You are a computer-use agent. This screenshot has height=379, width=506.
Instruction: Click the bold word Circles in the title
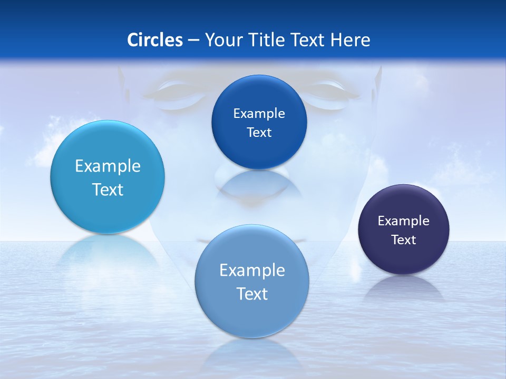click(155, 40)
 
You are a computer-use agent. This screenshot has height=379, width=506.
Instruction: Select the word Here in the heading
click(351, 40)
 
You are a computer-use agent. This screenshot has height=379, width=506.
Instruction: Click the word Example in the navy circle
click(404, 221)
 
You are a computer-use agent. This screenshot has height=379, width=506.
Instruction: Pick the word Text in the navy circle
click(404, 240)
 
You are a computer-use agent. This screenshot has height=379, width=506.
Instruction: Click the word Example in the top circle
click(259, 114)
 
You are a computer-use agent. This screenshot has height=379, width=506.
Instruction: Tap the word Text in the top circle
click(259, 133)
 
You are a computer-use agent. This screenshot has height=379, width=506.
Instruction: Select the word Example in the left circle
click(108, 166)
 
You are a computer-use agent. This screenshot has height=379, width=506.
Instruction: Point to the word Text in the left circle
click(108, 189)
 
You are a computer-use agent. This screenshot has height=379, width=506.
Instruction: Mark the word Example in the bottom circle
click(252, 271)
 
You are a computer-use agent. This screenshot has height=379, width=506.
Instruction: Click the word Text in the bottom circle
click(252, 294)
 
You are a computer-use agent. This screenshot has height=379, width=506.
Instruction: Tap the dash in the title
click(193, 40)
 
